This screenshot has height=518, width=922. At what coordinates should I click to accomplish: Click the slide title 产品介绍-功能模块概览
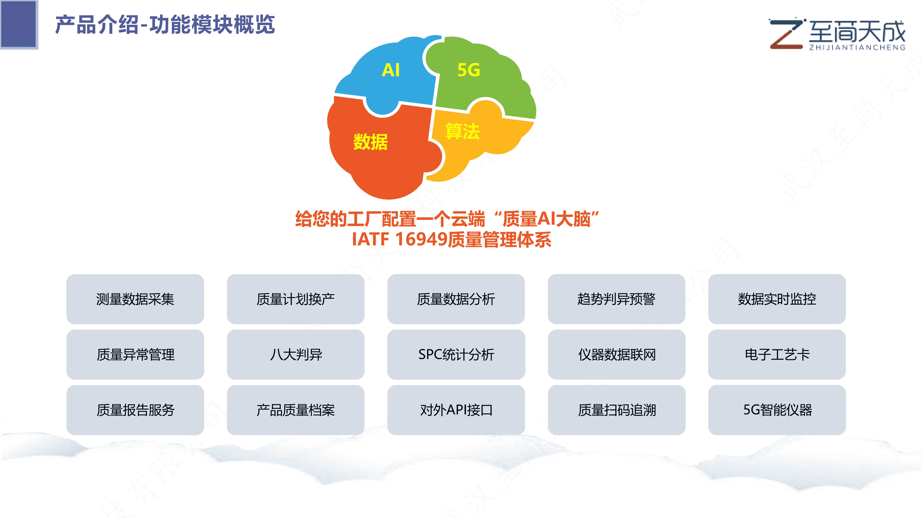point(165,25)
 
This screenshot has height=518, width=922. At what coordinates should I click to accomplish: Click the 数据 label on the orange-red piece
point(370,142)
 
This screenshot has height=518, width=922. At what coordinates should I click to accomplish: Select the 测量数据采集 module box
point(135,299)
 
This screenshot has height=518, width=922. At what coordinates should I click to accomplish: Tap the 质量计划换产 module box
point(296,299)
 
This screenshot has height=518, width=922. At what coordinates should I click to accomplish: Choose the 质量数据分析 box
point(456,299)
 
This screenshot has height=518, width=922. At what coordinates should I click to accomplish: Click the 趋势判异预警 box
point(616,299)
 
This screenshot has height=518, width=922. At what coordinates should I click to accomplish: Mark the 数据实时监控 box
point(777,299)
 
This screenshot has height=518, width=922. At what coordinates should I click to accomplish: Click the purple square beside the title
point(19,24)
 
